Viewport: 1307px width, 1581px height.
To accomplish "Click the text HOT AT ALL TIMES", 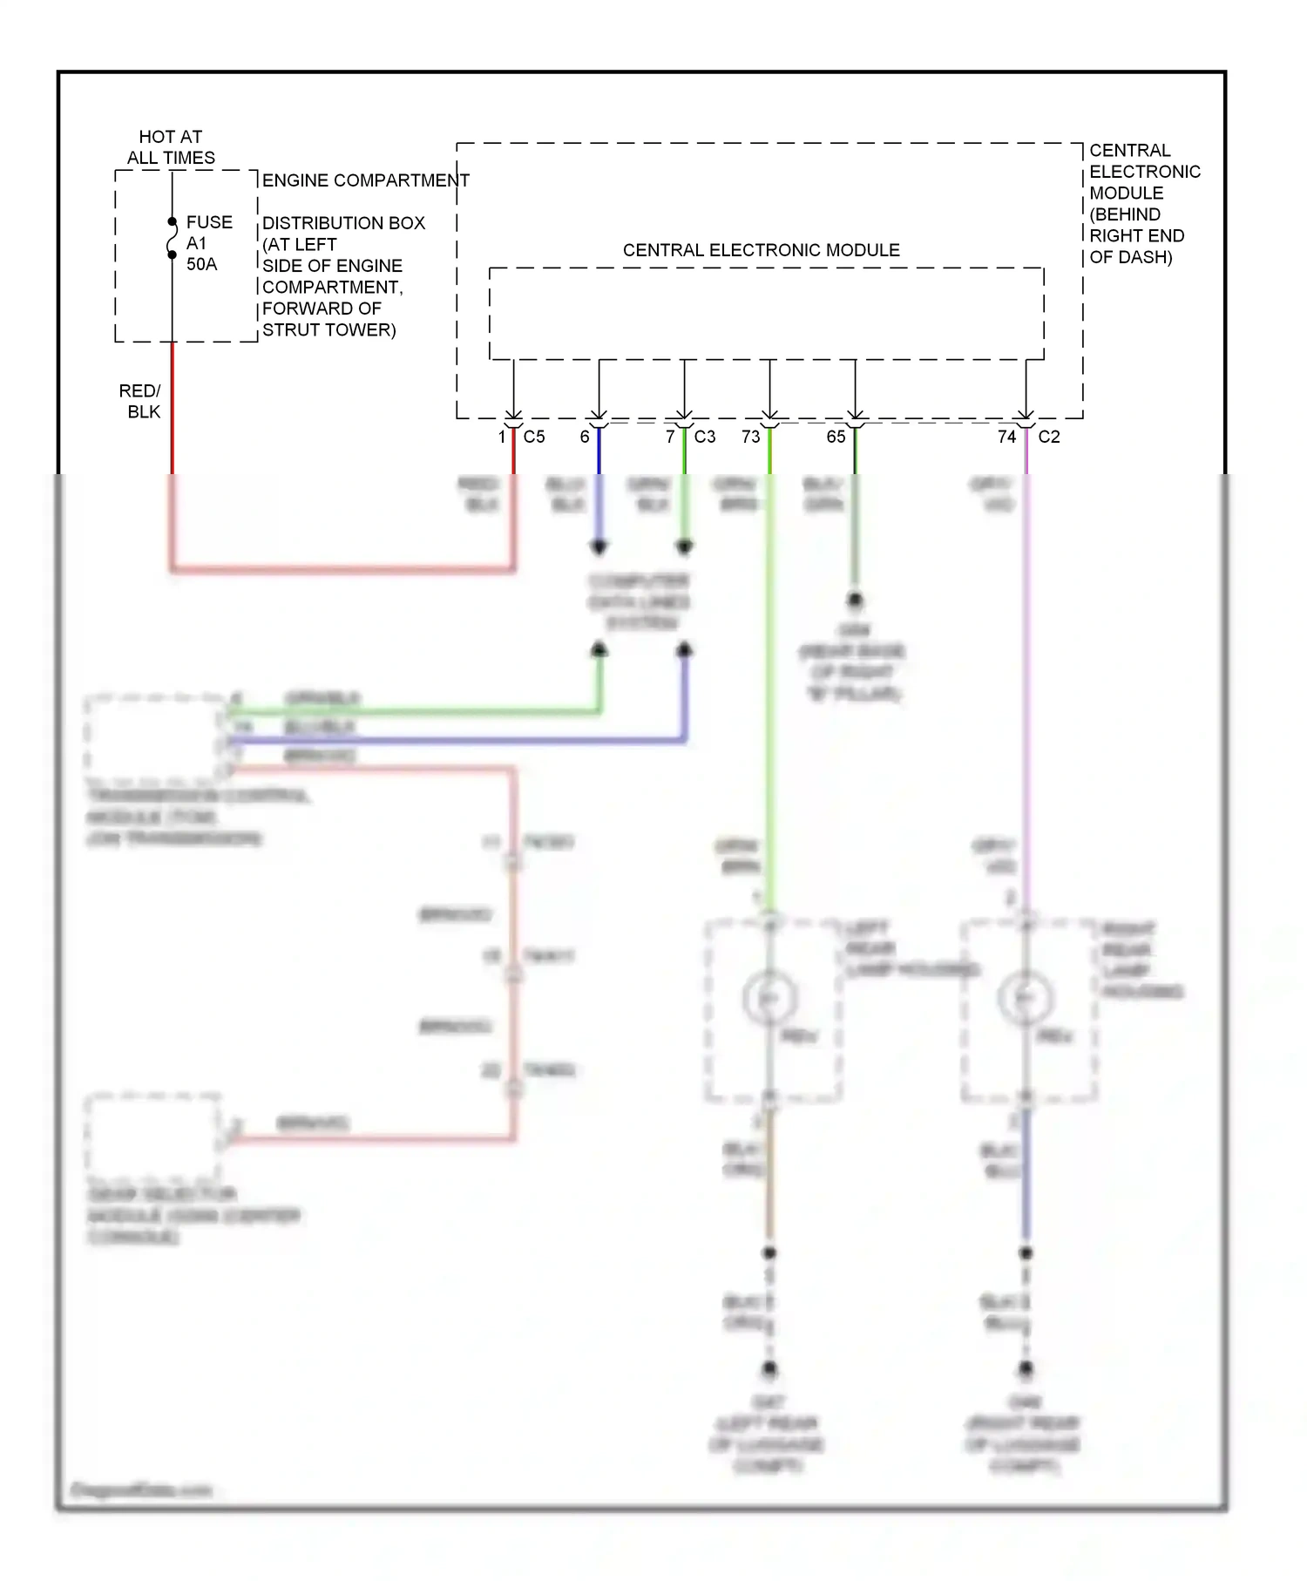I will pos(171,147).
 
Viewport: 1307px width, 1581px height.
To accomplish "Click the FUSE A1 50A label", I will pos(208,243).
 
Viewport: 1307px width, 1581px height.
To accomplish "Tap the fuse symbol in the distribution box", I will pos(172,239).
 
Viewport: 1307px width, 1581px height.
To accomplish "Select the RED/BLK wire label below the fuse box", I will pos(140,401).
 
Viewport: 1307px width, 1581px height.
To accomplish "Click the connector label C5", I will pos(534,437).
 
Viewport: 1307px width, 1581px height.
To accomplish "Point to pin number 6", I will pos(585,437).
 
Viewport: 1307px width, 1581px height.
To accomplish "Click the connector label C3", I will pos(704,437).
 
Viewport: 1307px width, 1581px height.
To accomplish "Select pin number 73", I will pos(750,437).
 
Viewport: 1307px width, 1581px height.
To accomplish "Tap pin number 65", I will pos(836,437).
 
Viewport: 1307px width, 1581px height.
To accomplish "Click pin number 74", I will pos(1006,437).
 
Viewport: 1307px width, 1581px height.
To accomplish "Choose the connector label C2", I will pos(1049,437).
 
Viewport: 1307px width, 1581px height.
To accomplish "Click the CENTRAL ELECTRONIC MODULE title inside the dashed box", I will pos(761,250).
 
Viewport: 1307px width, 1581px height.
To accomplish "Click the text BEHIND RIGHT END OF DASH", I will pos(1136,235).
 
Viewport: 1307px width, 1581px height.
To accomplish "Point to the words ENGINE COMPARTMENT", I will pos(365,180).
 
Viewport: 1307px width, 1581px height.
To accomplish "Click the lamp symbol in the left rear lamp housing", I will pos(769,998).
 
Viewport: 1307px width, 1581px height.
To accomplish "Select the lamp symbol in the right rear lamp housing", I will pos(1026,998).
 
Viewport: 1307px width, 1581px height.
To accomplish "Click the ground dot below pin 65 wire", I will pos(855,600).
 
